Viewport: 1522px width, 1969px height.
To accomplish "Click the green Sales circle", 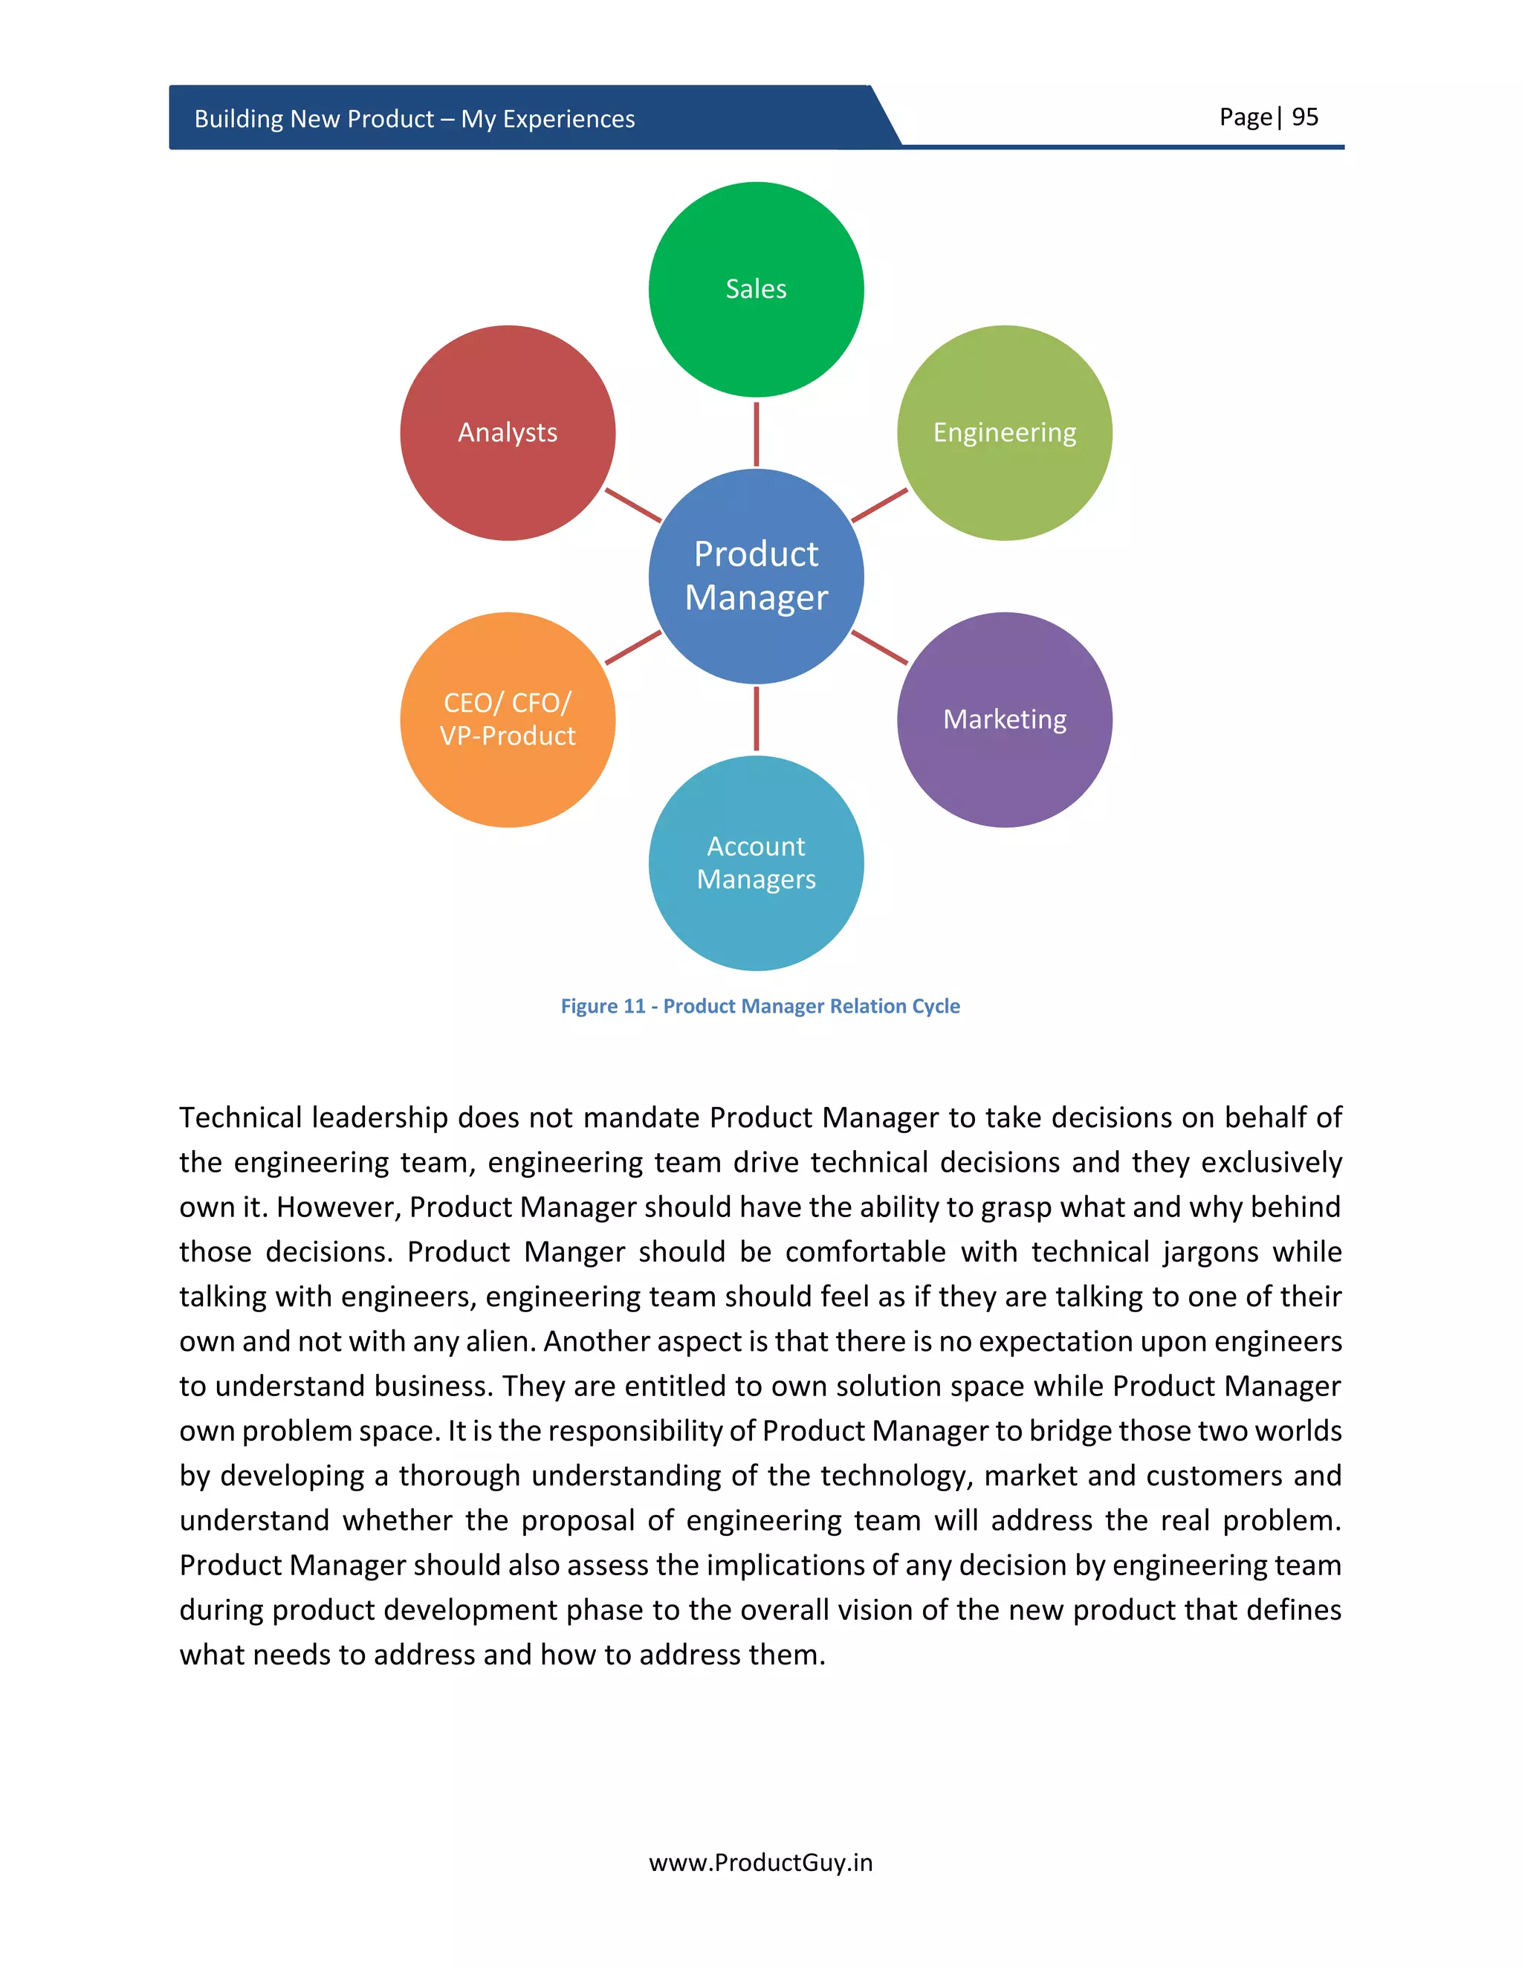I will (x=756, y=289).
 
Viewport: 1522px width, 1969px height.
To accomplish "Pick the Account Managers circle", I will (x=756, y=863).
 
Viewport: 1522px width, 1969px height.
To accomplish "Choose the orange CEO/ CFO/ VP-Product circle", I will (x=508, y=719).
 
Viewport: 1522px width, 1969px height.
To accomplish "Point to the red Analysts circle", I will (x=508, y=432).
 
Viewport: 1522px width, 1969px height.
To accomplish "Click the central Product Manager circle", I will (x=756, y=576).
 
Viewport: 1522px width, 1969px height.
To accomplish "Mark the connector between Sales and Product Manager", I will (x=756, y=434).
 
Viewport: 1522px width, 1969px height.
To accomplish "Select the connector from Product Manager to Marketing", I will (x=879, y=647).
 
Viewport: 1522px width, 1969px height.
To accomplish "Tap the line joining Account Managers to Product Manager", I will (x=756, y=718).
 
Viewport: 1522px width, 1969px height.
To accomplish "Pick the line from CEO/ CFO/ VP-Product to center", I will (x=633, y=647).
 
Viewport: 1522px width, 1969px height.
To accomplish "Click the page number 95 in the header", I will (x=1305, y=117).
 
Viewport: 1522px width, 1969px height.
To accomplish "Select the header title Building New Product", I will (x=414, y=119).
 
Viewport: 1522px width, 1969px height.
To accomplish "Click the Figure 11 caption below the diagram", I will (x=760, y=1006).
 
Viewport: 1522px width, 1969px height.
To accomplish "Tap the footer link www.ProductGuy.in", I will (x=760, y=1863).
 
